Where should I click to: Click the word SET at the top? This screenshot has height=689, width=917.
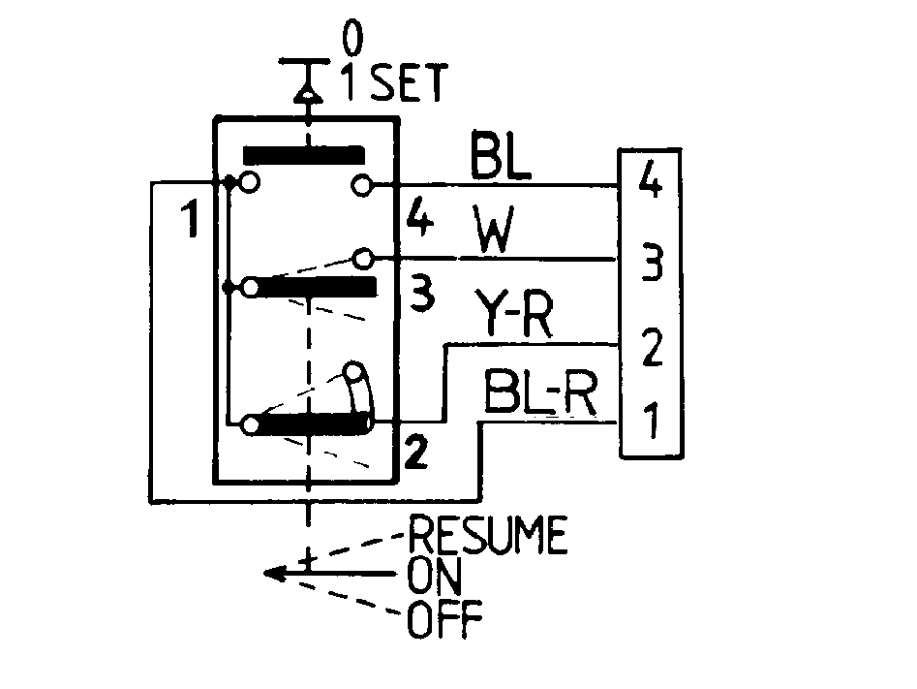click(x=410, y=82)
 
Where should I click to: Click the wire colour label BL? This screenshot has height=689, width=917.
click(x=500, y=154)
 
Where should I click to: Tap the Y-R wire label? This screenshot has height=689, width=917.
click(x=513, y=313)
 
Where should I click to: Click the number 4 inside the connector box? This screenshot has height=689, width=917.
click(x=651, y=179)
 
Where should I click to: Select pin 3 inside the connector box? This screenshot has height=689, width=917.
click(x=652, y=263)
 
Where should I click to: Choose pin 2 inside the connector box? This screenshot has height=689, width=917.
click(x=652, y=347)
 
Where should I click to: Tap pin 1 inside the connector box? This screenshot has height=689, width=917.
click(x=652, y=420)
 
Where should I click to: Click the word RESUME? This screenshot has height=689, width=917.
click(x=488, y=535)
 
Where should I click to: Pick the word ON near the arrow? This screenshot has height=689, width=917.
click(x=435, y=576)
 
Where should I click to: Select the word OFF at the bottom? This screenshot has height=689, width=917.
click(x=445, y=618)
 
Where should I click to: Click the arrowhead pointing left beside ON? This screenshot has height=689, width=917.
click(x=274, y=574)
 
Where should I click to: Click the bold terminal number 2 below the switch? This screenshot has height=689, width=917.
click(x=415, y=453)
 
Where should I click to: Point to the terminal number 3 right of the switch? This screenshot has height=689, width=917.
click(x=421, y=295)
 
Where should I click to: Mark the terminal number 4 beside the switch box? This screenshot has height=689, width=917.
click(x=420, y=217)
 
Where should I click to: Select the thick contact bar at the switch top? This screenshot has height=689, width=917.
click(x=304, y=155)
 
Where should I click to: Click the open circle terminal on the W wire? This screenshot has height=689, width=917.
click(x=363, y=258)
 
